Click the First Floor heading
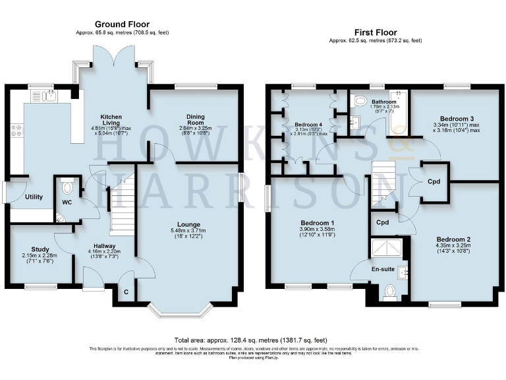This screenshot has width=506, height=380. coord(376,32)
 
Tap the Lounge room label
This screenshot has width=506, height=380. coord(184,224)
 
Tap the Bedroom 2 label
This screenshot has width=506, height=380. coord(452,239)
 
